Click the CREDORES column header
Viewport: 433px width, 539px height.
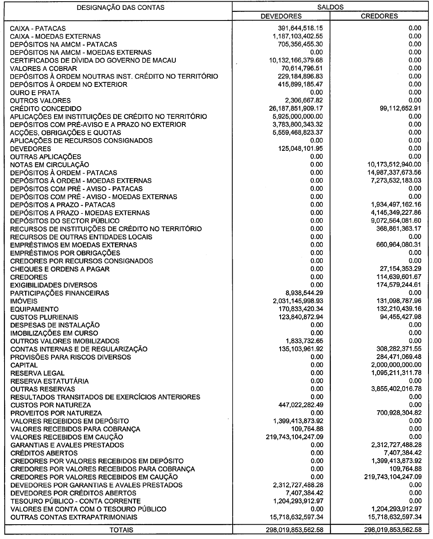(x=379, y=16)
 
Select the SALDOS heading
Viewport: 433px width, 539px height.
(x=330, y=7)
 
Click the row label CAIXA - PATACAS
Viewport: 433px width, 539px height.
(x=38, y=28)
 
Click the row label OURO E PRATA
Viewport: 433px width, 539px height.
(x=35, y=93)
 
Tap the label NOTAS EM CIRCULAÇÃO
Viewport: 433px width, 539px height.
(x=50, y=165)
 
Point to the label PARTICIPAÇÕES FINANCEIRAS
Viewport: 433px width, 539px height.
(x=60, y=293)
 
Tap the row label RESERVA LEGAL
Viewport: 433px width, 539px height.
(x=37, y=373)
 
